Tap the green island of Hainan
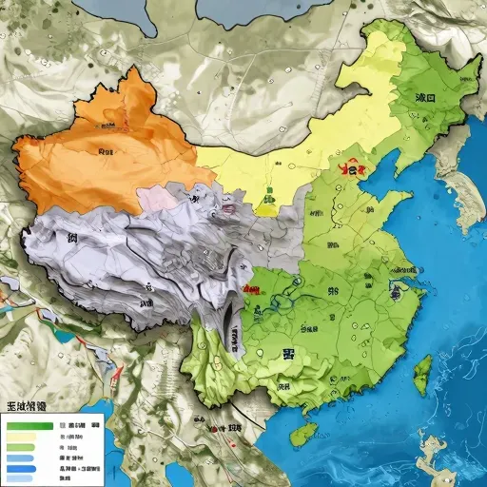[x=302, y=435]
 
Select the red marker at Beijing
[x=354, y=170]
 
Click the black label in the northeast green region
[x=425, y=97]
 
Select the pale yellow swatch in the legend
[x=22, y=437]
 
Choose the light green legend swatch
[x=22, y=447]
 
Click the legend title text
[x=26, y=406]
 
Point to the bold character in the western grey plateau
[x=71, y=238]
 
